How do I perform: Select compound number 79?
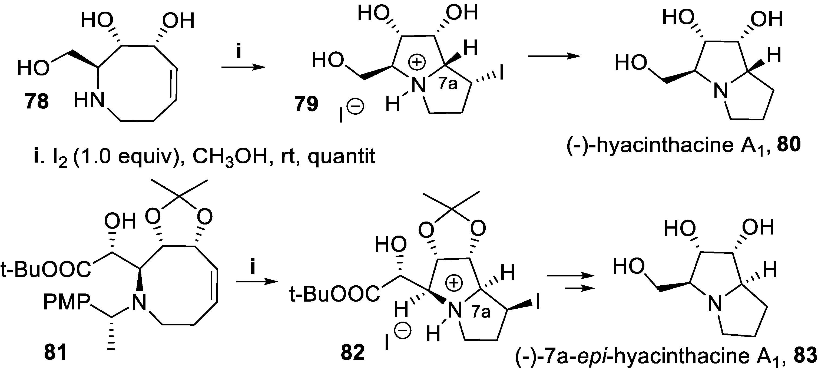pos(306,104)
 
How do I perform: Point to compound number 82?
pos(353,352)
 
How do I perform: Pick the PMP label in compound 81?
pos(66,302)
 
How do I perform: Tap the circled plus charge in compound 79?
pos(417,63)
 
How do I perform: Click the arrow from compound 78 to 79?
pos(244,67)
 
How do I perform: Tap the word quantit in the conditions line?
pos(341,157)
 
